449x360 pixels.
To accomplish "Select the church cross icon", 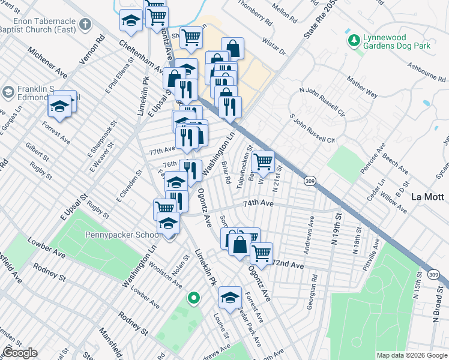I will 85,25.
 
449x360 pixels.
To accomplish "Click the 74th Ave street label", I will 258,204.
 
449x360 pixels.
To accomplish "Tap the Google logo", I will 20,352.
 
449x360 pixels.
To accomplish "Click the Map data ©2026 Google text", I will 411,355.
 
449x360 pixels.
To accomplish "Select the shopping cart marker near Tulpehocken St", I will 264,162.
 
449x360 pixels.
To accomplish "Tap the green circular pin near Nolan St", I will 193,298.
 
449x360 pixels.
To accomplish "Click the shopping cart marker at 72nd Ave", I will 261,254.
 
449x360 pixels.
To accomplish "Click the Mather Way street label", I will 363,85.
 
